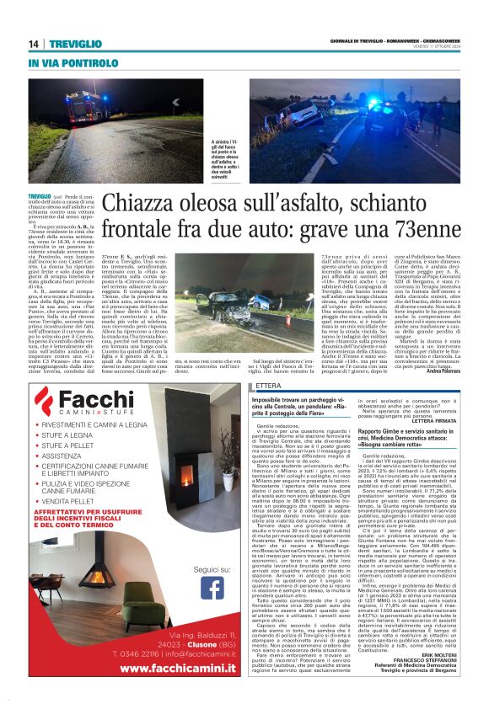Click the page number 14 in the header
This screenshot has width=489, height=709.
pyautogui.click(x=34, y=44)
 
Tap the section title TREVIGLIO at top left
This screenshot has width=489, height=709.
pyautogui.click(x=74, y=44)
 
